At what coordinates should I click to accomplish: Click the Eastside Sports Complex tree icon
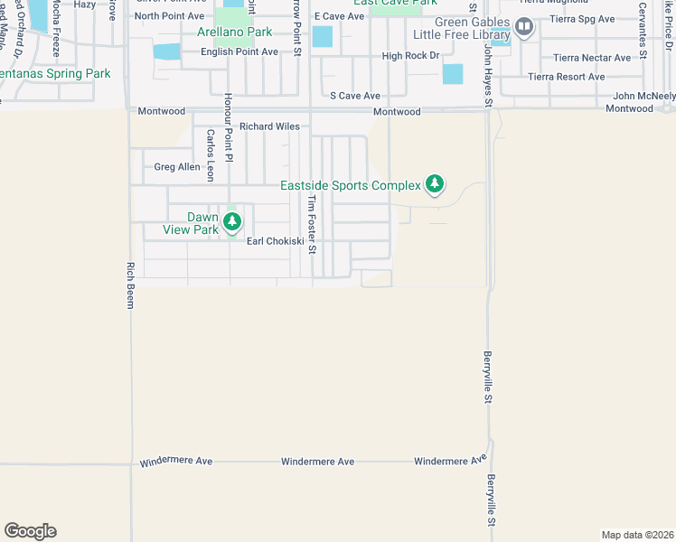pos(435,184)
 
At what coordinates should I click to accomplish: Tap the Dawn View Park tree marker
pos(232,220)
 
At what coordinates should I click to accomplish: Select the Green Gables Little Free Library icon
pos(523,26)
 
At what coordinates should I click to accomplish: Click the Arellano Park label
pos(235,33)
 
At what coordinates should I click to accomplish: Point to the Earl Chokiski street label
pos(275,241)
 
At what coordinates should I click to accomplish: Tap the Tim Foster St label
pos(311,224)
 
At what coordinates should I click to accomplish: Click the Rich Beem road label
pos(130,285)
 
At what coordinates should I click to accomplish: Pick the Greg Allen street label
pos(176,167)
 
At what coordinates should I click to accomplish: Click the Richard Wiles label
pos(269,127)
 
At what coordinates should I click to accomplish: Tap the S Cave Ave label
pos(355,95)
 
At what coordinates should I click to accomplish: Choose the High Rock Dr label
pos(409,56)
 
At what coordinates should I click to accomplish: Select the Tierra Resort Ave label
pos(567,77)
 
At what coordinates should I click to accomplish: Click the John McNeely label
pos(644,96)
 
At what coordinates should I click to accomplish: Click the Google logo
pos(30,531)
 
